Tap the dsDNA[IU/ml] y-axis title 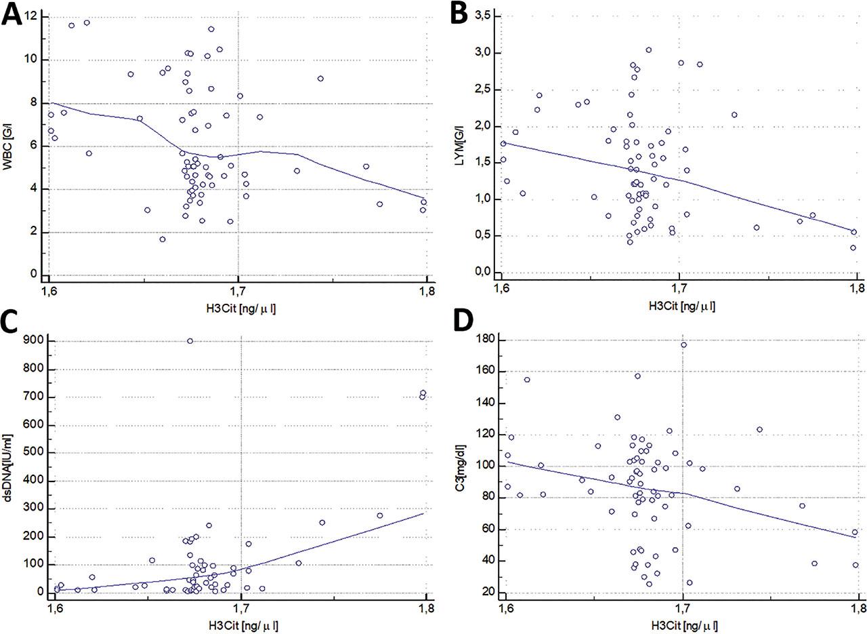9,468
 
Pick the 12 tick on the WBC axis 34,15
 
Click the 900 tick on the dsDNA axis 34,341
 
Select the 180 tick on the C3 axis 486,340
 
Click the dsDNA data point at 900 190,341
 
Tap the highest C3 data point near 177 683,345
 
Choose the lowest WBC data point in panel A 163,239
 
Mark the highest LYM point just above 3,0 648,50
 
